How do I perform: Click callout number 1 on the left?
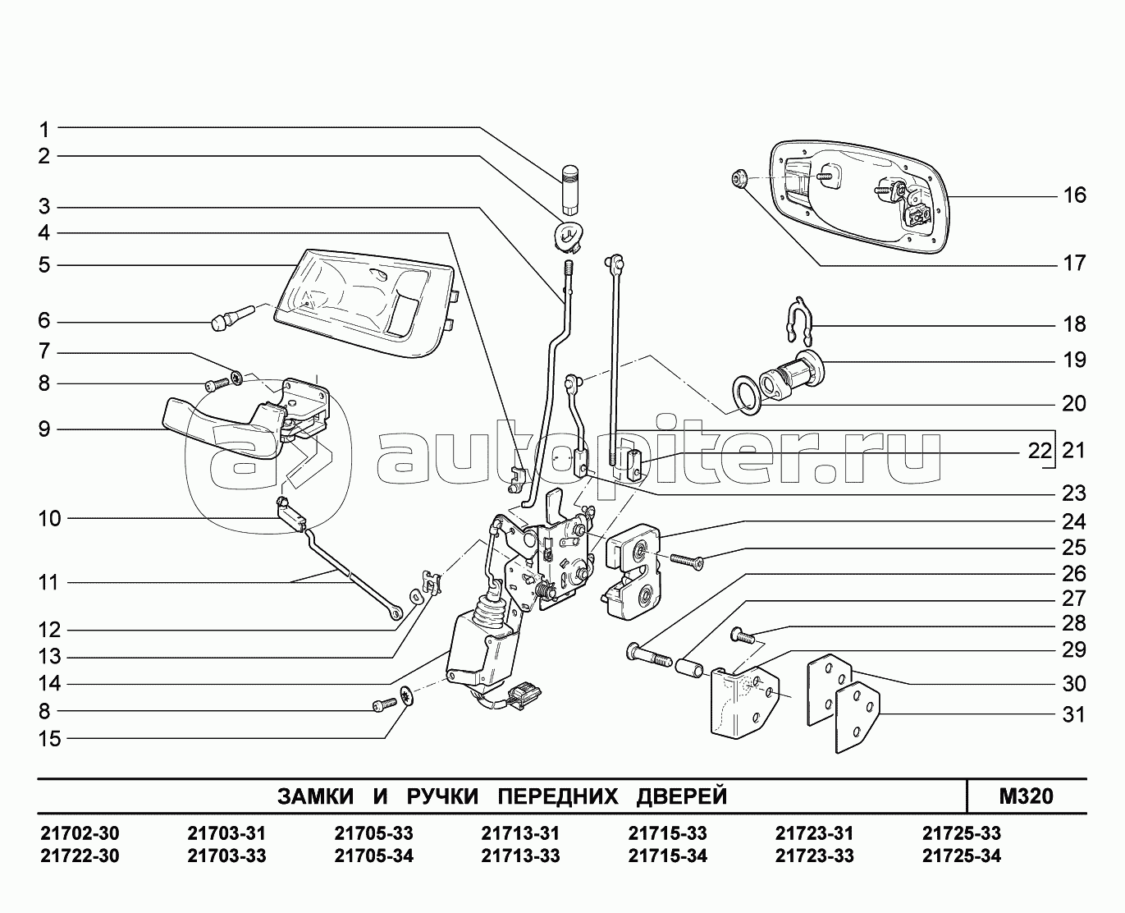pyautogui.click(x=43, y=130)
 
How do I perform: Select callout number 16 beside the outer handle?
pyautogui.click(x=1074, y=195)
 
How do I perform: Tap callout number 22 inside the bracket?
pyautogui.click(x=1040, y=451)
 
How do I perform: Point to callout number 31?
pyautogui.click(x=1074, y=714)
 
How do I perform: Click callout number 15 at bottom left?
pyautogui.click(x=50, y=739)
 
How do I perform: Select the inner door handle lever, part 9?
pyautogui.click(x=222, y=430)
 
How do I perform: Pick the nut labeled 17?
pyautogui.click(x=738, y=178)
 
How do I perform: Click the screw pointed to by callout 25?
pyautogui.click(x=687, y=561)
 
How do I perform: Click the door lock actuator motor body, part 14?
pyautogui.click(x=481, y=653)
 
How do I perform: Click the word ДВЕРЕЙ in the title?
pyautogui.click(x=682, y=796)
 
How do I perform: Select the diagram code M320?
pyautogui.click(x=1027, y=796)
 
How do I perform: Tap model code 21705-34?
pyautogui.click(x=374, y=856)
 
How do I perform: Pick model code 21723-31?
pyautogui.click(x=815, y=833)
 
